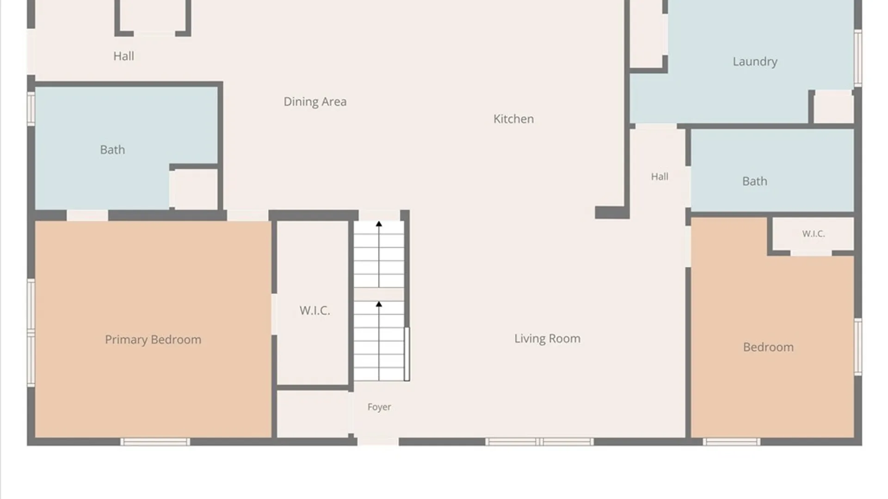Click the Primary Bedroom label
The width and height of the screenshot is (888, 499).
(x=153, y=340)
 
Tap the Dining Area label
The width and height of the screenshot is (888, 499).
(x=315, y=102)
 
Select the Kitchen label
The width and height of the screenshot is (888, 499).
(x=513, y=119)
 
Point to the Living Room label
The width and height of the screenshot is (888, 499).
(x=547, y=339)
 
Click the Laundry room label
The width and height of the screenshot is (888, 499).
(x=755, y=61)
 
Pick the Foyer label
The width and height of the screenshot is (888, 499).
(x=379, y=407)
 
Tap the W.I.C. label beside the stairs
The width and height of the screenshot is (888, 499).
(x=314, y=310)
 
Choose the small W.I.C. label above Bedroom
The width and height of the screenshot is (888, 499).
(x=814, y=234)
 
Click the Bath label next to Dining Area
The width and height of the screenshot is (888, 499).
(x=112, y=150)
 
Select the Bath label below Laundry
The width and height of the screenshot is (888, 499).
(x=755, y=181)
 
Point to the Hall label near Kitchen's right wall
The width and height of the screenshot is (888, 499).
(x=660, y=176)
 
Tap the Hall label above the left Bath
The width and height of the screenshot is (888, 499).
(x=123, y=56)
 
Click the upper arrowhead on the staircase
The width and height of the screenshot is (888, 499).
(x=379, y=224)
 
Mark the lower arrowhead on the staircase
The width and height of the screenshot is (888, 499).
(x=379, y=304)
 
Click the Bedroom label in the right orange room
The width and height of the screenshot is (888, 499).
(x=768, y=347)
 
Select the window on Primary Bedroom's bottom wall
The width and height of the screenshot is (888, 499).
(x=155, y=442)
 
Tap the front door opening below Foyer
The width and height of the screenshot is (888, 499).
(x=378, y=442)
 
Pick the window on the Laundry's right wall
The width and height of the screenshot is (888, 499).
(x=858, y=58)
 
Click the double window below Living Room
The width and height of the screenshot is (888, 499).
(x=539, y=442)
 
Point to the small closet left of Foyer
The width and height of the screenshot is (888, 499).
(x=313, y=414)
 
